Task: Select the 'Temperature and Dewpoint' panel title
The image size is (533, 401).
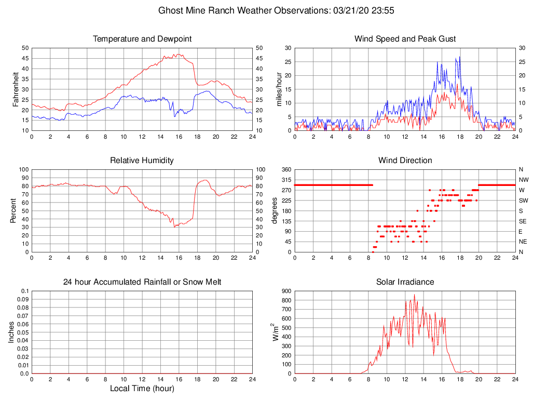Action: pyautogui.click(x=142, y=39)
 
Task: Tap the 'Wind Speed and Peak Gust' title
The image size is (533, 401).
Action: pyautogui.click(x=405, y=39)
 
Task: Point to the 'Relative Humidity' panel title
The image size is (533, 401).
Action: pyautogui.click(x=142, y=161)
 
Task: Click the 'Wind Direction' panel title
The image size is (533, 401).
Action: pyautogui.click(x=405, y=161)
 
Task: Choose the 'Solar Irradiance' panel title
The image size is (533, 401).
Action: pyautogui.click(x=405, y=282)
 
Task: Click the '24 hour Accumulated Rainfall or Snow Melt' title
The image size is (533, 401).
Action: pyautogui.click(x=142, y=282)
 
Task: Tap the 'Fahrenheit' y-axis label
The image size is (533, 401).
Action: pyautogui.click(x=16, y=89)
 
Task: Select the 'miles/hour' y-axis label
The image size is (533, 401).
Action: pyautogui.click(x=279, y=89)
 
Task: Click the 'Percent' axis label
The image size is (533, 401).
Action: pyautogui.click(x=13, y=210)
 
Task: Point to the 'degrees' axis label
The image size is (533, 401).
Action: pyautogui.click(x=275, y=210)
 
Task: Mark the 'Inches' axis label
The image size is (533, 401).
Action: pyautogui.click(x=11, y=332)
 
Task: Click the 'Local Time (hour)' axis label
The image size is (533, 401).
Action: pyautogui.click(x=142, y=389)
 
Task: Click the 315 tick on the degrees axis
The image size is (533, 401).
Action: pyautogui.click(x=286, y=180)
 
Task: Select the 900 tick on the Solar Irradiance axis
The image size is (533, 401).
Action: pyautogui.click(x=286, y=291)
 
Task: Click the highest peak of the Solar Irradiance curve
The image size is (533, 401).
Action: pyautogui.click(x=414, y=295)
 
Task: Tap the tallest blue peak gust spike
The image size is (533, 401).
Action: pyautogui.click(x=459, y=57)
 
